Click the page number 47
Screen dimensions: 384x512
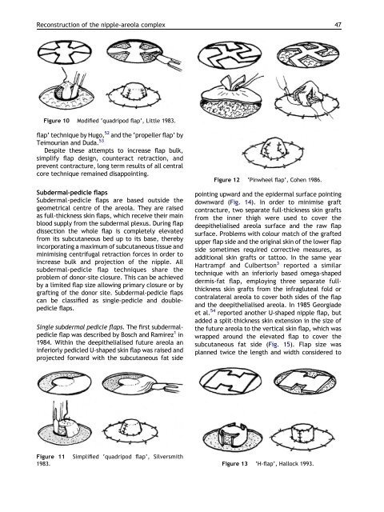point(338,25)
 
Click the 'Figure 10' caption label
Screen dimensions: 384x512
point(57,121)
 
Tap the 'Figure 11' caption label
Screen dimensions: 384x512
point(50,457)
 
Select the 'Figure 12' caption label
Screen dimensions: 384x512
point(226,180)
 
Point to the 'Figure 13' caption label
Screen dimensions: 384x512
point(234,464)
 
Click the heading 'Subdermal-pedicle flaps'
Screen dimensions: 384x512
point(72,192)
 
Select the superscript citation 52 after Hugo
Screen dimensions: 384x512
point(106,133)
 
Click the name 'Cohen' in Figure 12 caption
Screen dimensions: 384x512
point(298,180)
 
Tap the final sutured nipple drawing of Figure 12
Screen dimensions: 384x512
point(274,152)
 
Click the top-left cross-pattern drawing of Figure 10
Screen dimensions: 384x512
point(65,53)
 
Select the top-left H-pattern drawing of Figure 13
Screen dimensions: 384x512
point(230,381)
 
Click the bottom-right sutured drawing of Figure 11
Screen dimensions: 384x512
point(131,430)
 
